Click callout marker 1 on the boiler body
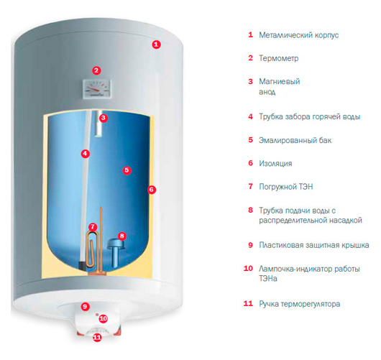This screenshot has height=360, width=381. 157,45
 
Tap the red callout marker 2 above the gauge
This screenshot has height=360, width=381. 96,70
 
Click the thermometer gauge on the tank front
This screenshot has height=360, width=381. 97,88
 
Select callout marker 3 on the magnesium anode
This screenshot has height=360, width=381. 104,118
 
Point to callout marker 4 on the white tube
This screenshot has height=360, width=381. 85,154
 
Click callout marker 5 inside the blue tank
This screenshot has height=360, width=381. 127,170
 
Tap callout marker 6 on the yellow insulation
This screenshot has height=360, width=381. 152,190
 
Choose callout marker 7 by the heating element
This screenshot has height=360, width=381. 93,227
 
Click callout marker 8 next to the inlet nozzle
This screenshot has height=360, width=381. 122,236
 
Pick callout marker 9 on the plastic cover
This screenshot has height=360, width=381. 85,307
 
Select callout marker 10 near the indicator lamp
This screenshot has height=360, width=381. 104,318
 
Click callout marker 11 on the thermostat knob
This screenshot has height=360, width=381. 97,337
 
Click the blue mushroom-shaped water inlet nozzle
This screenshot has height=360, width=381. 115,253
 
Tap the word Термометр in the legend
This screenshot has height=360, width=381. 278,58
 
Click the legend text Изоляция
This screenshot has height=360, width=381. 275,164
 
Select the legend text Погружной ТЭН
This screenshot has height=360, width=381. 286,187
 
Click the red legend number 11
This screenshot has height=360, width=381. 248,304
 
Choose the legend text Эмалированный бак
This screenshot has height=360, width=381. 295,140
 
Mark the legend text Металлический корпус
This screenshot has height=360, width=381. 298,35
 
